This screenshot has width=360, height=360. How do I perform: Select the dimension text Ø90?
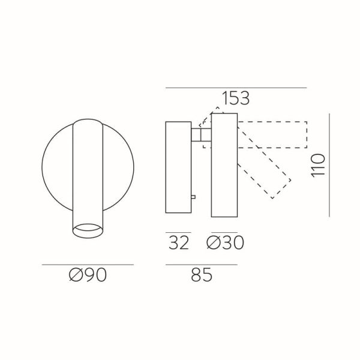click(x=88, y=275)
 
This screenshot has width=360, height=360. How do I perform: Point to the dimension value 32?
click(x=178, y=243)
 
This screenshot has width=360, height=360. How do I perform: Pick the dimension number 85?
click(x=201, y=275)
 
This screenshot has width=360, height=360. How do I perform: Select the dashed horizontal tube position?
click(x=273, y=134)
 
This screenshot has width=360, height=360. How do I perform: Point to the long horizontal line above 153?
click(x=235, y=88)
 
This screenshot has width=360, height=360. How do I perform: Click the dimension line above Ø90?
click(x=88, y=265)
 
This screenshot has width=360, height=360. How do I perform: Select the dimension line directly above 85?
click(x=201, y=265)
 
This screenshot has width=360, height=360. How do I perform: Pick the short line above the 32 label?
click(x=178, y=232)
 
